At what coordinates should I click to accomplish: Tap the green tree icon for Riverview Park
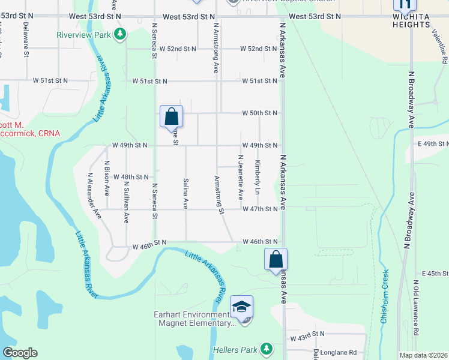pyautogui.click(x=121, y=34)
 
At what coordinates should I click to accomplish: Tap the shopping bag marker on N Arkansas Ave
pyautogui.click(x=276, y=260)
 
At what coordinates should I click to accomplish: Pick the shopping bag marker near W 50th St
pyautogui.click(x=171, y=115)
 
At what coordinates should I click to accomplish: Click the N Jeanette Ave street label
pyautogui.click(x=240, y=177)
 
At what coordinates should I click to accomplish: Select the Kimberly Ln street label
pyautogui.click(x=257, y=177)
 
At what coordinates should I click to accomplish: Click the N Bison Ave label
pyautogui.click(x=107, y=178)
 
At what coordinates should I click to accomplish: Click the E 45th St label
pyautogui.click(x=436, y=274)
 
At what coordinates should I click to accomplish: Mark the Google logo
pyautogui.click(x=20, y=353)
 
